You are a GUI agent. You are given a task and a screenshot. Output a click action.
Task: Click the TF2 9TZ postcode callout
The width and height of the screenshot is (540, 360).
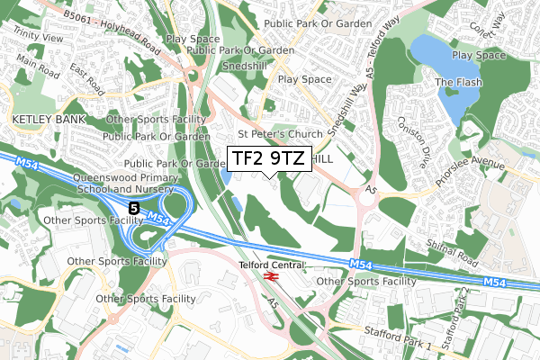click(267, 158)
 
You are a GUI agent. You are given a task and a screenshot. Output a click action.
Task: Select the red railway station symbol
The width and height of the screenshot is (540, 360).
click(271, 276)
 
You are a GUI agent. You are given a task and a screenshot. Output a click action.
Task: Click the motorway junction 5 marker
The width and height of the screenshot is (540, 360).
click(134, 208)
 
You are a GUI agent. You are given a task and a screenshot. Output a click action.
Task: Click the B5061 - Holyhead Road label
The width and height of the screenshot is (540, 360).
click(117, 15)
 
